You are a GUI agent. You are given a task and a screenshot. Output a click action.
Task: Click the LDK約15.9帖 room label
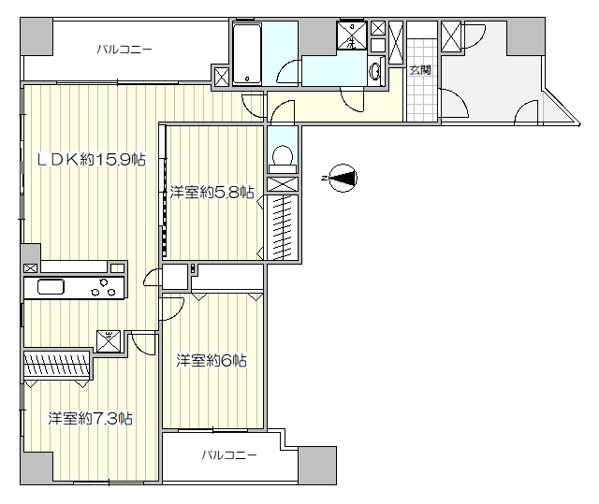coord(91,159)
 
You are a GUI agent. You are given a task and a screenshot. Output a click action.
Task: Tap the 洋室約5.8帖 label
coord(212,192)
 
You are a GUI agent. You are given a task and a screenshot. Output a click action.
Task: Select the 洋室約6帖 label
coord(212,360)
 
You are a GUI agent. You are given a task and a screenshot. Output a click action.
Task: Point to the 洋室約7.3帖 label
coord(91,419)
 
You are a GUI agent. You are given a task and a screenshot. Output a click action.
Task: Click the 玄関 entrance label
coord(420,70)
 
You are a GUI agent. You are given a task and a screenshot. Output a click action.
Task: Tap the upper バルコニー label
coord(124,50)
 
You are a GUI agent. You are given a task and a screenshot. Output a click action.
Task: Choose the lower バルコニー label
coord(229,454)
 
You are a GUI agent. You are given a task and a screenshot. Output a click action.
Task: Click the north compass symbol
coord(343,178)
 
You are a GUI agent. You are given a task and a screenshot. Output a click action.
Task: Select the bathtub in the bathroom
coord(247,54)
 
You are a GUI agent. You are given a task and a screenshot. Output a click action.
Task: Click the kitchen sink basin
coord(51,287)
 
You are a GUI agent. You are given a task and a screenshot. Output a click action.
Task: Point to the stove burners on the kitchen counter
coord(103,287)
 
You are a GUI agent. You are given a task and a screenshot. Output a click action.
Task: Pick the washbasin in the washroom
coord(375,71)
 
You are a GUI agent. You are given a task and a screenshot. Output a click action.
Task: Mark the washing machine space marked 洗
coord(352,36)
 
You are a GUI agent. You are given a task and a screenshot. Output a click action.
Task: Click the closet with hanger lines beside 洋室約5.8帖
coord(283,227)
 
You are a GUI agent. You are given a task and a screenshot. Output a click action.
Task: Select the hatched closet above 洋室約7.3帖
coord(56,364)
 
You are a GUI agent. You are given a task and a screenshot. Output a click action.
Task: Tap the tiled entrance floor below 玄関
coord(422,98)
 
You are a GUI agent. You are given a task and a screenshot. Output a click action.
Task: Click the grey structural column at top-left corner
coord(37,36)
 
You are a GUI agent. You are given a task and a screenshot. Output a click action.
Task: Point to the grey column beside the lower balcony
coord(317,466)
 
